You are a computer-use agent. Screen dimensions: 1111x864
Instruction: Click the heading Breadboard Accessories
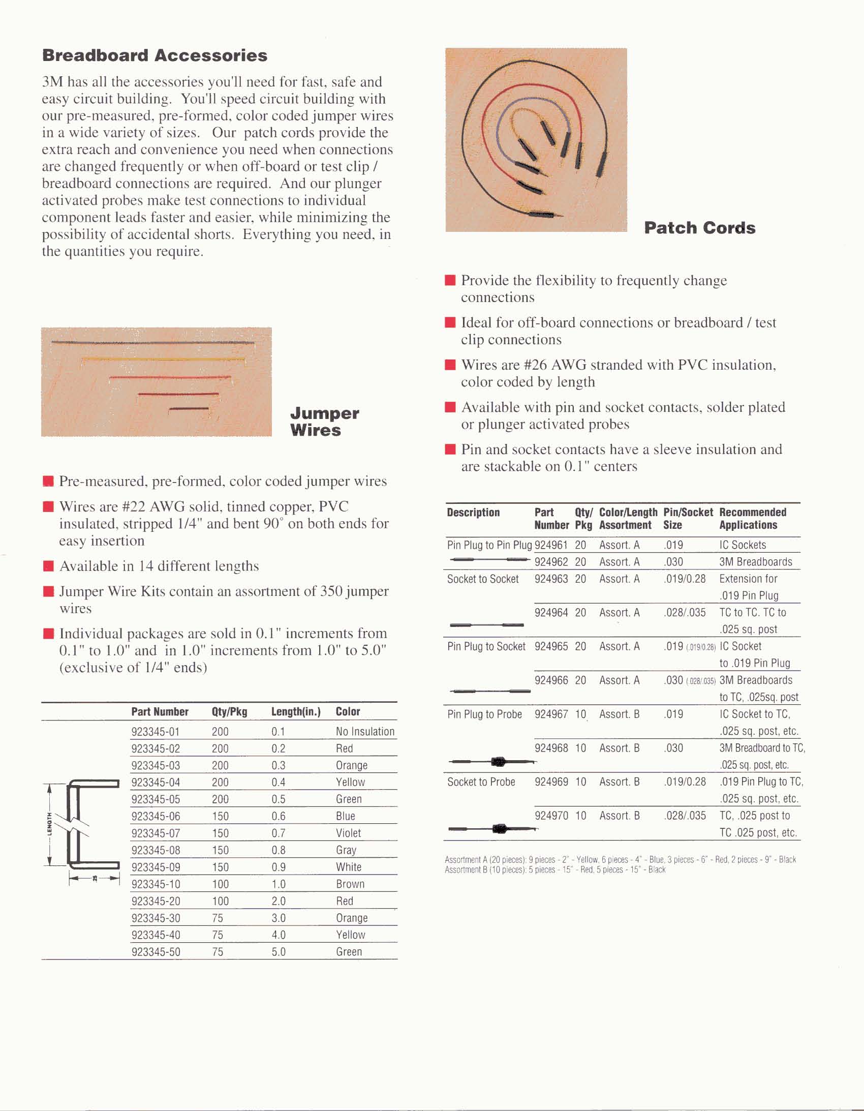(155, 55)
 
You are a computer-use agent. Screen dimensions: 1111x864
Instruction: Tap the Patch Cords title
(699, 228)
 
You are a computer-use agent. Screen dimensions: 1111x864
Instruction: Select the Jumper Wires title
(324, 422)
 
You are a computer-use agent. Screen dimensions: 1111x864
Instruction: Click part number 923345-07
(156, 833)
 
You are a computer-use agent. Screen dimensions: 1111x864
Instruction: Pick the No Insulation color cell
(364, 732)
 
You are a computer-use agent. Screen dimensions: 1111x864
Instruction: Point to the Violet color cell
(348, 833)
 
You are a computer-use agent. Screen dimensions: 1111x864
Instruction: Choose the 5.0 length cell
(278, 952)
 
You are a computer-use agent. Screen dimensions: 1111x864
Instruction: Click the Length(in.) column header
(295, 712)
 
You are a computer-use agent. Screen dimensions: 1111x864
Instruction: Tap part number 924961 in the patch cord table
(551, 545)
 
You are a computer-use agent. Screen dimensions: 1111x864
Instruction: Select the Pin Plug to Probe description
(484, 714)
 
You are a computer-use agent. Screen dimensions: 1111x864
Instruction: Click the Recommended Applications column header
(752, 519)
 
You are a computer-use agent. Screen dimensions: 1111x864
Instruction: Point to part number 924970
(551, 816)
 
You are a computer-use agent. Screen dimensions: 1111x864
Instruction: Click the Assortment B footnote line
(555, 870)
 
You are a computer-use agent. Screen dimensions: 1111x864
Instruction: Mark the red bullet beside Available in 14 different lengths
(49, 566)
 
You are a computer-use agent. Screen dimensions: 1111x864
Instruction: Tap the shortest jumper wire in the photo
(189, 408)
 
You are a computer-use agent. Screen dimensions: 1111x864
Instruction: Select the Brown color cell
(350, 884)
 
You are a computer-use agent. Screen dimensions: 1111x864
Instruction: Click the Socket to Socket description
(483, 579)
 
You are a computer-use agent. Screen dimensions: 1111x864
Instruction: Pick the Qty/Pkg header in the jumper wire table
(229, 712)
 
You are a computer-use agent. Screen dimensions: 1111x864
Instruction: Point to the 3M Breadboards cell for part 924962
(755, 562)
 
